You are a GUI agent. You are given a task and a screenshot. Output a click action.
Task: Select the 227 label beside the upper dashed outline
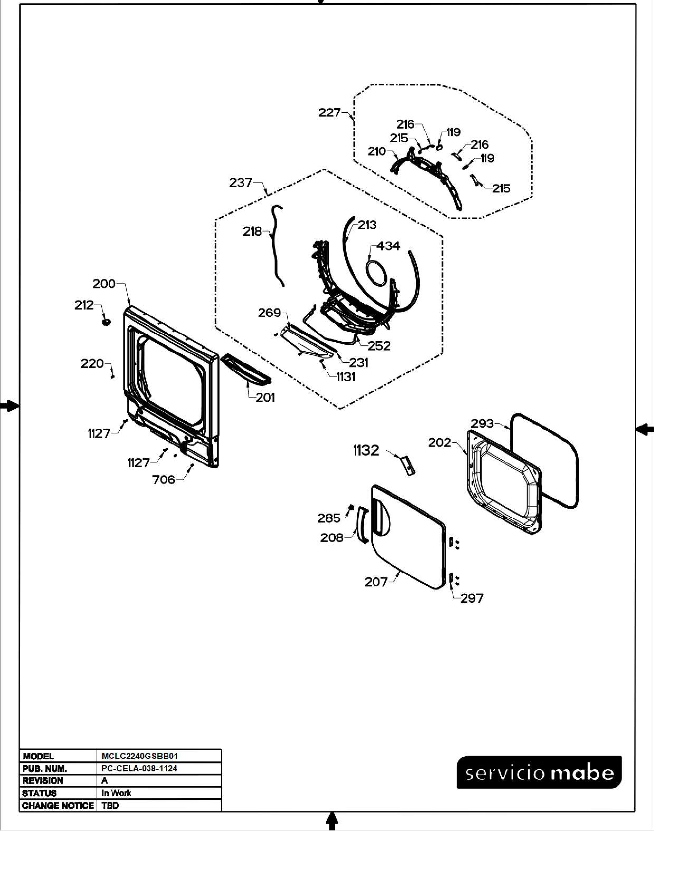click(x=329, y=113)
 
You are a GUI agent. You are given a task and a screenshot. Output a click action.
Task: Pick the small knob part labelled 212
click(x=106, y=321)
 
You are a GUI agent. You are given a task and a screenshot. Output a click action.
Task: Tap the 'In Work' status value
click(x=116, y=793)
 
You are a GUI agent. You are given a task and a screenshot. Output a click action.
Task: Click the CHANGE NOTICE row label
click(x=58, y=805)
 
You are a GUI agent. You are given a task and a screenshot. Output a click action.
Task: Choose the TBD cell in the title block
click(x=110, y=805)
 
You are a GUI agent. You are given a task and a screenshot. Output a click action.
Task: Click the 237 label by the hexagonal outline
click(x=240, y=183)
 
